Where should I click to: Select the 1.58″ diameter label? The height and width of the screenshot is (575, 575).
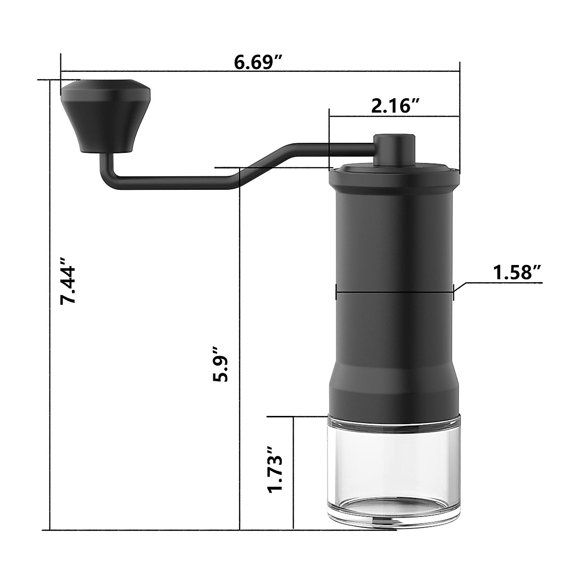[517, 273]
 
